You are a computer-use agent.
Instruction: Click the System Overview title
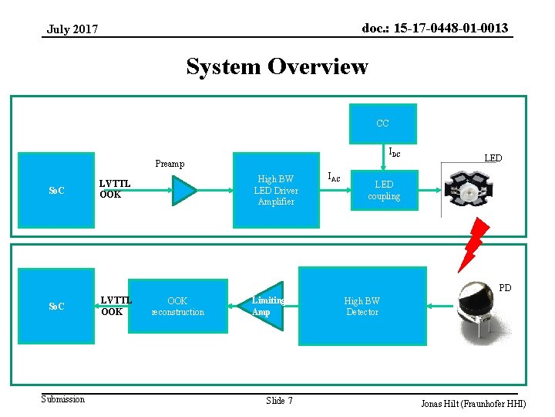(x=277, y=67)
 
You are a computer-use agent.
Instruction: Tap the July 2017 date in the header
(x=72, y=29)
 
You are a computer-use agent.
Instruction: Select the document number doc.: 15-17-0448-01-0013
(x=435, y=29)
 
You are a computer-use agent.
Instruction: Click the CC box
(x=382, y=124)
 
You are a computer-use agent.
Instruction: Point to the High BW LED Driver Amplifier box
(x=276, y=190)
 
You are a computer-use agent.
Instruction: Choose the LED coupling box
(x=383, y=190)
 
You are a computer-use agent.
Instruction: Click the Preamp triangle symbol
(x=184, y=190)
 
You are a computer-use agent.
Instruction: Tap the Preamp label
(x=170, y=164)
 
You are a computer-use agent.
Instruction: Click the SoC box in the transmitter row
(x=56, y=190)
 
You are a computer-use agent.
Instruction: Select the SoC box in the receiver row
(x=56, y=307)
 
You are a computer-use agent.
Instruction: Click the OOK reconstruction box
(x=177, y=307)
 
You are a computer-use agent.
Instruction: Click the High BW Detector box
(x=362, y=307)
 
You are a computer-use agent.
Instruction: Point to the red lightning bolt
(x=471, y=243)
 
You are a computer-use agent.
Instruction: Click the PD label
(x=505, y=288)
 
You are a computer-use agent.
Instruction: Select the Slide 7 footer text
(x=279, y=400)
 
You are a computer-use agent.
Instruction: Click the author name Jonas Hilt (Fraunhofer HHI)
(x=473, y=404)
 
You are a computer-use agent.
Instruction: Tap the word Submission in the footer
(x=63, y=399)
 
